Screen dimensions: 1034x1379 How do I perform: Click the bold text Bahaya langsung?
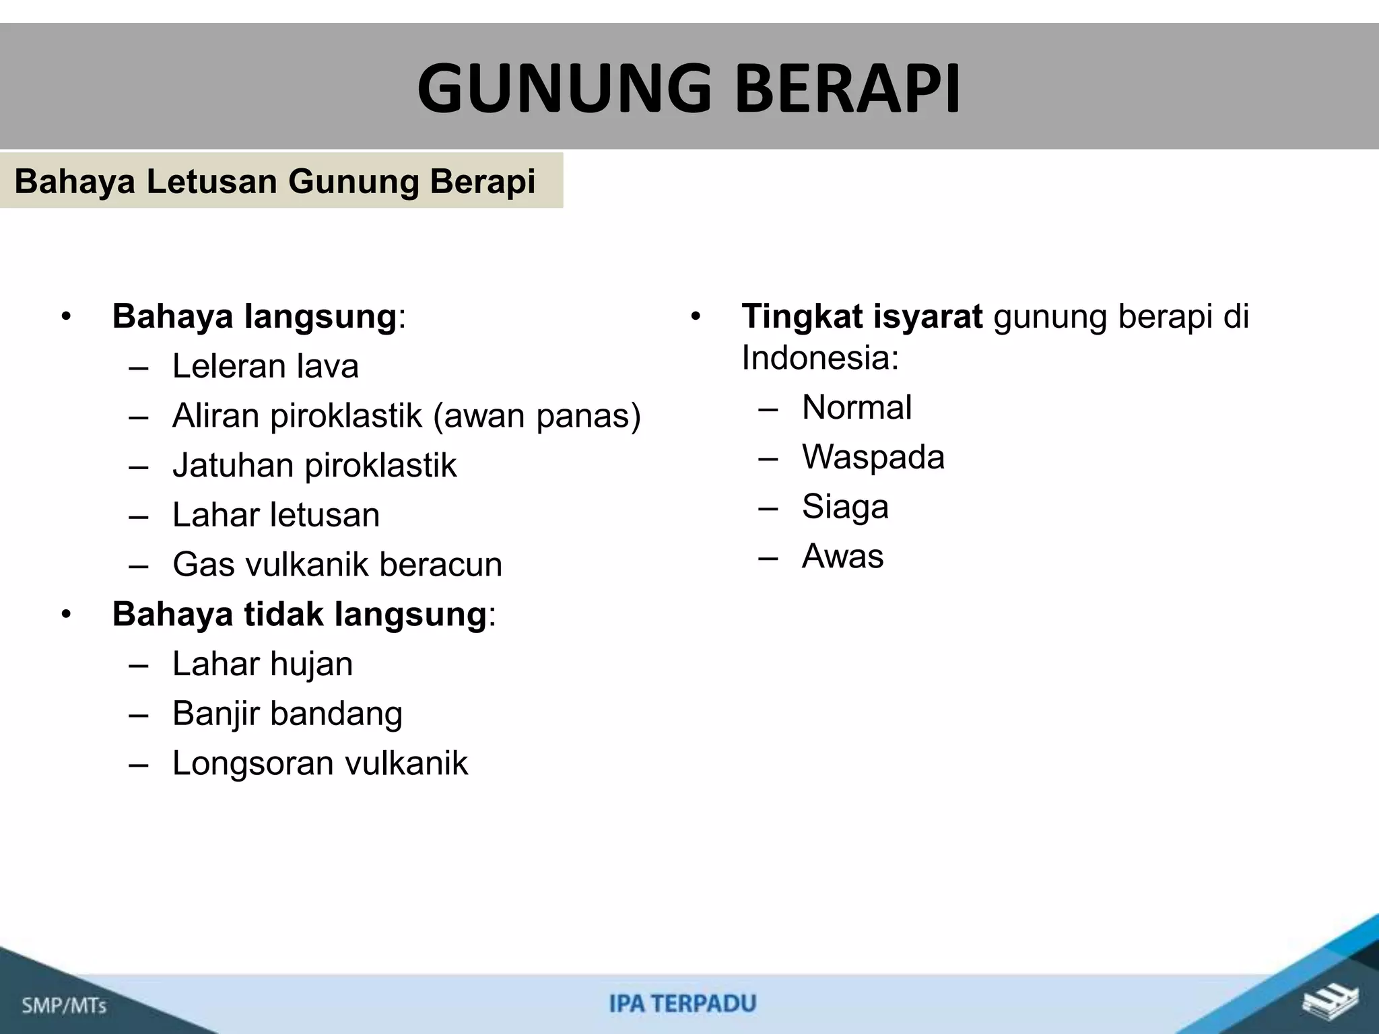[255, 316]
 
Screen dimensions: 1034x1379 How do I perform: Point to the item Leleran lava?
[265, 367]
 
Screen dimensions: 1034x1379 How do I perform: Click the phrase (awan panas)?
[537, 416]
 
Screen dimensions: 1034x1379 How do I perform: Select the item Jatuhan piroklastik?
[314, 466]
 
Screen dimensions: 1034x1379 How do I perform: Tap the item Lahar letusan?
[276, 515]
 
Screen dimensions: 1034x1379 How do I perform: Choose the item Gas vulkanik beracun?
[337, 565]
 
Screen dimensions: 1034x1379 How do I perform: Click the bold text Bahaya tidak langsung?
[299, 614]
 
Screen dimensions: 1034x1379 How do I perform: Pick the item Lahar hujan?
[263, 664]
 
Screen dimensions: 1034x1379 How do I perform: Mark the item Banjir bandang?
[288, 714]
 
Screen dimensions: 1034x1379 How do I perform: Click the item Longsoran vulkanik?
[320, 763]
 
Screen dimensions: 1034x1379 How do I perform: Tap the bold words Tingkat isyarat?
[862, 316]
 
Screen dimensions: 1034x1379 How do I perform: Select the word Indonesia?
[820, 357]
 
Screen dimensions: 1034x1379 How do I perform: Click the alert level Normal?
[856, 407]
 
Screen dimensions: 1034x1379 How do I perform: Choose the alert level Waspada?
[873, 457]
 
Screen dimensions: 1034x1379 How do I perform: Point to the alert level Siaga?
[845, 507]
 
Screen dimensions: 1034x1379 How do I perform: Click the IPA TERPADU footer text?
[683, 1004]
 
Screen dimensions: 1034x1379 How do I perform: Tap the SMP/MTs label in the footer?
[65, 1006]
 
